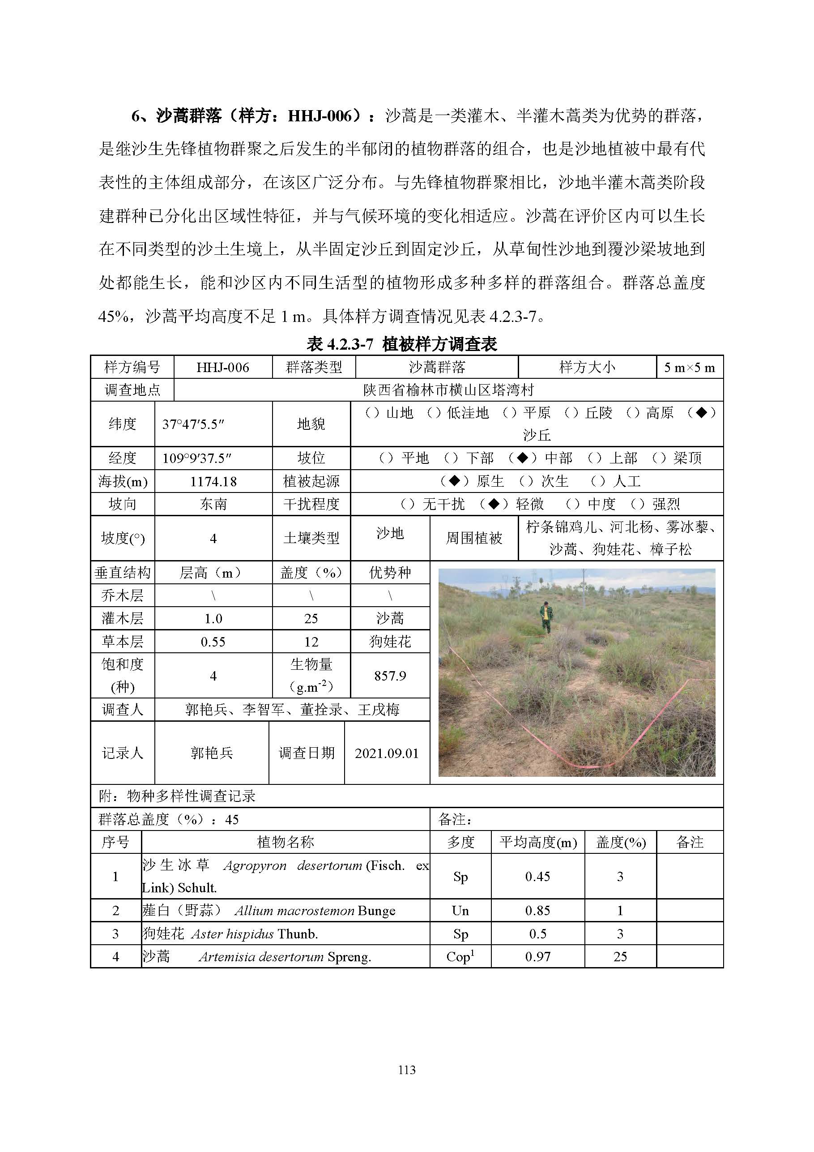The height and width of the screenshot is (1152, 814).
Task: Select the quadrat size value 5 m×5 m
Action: pyautogui.click(x=689, y=367)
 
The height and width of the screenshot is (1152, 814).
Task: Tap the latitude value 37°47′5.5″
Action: pyautogui.click(x=193, y=424)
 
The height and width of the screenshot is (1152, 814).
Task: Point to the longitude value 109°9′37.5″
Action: pyautogui.click(x=196, y=458)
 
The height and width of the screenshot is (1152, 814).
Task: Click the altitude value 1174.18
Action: pyautogui.click(x=213, y=482)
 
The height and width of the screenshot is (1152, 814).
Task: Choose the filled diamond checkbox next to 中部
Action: pyautogui.click(x=523, y=458)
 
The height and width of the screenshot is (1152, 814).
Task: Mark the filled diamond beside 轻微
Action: pyautogui.click(x=494, y=504)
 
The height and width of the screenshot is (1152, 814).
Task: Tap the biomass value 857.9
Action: pyautogui.click(x=390, y=676)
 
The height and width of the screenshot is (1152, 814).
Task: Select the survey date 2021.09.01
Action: pyautogui.click(x=386, y=753)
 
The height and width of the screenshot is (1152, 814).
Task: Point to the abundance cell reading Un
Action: pyautogui.click(x=460, y=911)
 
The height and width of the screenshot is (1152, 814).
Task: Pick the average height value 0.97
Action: pyautogui.click(x=537, y=956)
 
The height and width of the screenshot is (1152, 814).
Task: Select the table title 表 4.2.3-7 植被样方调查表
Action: pyautogui.click(x=402, y=344)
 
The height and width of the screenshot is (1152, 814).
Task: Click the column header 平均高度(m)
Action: pyautogui.click(x=537, y=842)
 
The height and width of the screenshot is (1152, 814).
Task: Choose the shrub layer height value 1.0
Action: pyautogui.click(x=213, y=619)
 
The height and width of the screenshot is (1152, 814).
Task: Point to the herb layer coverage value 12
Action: pyautogui.click(x=311, y=642)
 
